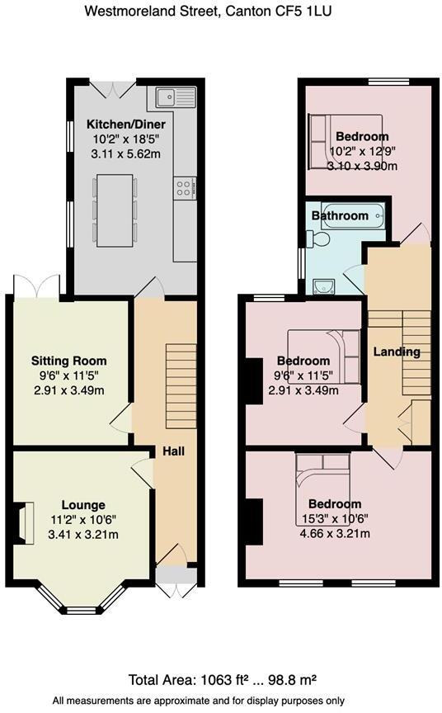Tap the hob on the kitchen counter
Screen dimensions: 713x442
point(185,188)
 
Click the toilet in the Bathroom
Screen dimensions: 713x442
point(322,239)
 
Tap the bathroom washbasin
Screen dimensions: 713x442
point(322,286)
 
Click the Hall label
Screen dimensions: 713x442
point(172,452)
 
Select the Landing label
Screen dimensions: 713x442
point(397,352)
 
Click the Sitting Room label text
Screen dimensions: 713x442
point(68,361)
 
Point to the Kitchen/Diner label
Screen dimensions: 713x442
point(120,125)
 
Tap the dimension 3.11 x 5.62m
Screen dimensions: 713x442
point(120,153)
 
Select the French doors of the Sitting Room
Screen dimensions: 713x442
point(36,285)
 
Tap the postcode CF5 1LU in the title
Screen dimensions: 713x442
point(303,12)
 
